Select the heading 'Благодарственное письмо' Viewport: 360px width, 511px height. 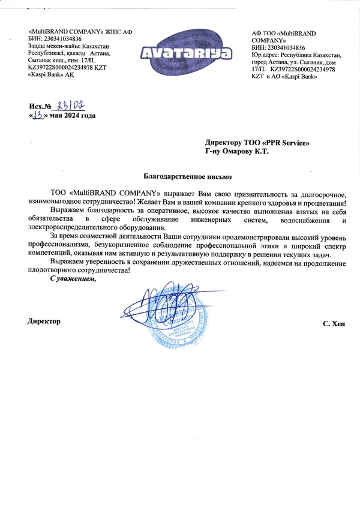[x=187, y=176]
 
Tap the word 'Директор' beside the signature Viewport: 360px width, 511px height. [x=44, y=322]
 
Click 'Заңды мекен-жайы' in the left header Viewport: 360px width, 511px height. [x=49, y=46]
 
